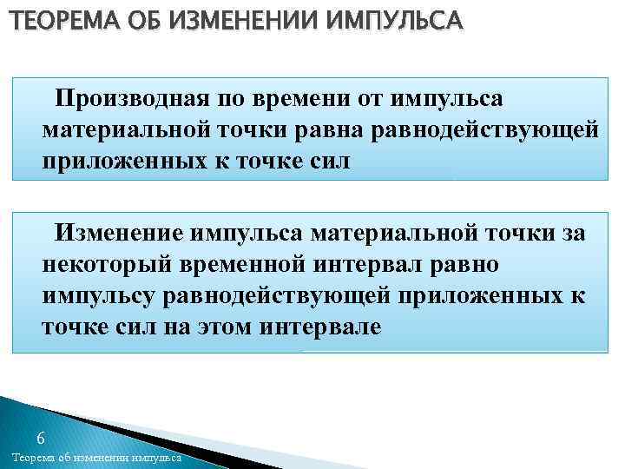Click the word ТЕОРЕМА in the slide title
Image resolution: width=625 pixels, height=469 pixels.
[x=50, y=19]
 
